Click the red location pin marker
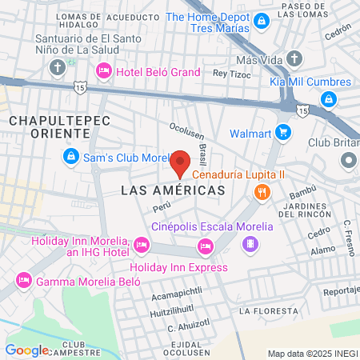[181, 163]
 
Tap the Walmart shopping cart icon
[282, 133]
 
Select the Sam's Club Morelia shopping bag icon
[71, 156]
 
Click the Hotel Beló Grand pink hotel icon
[103, 72]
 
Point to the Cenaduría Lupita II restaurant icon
[261, 191]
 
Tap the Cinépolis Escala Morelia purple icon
[252, 244]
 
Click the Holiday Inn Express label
[179, 267]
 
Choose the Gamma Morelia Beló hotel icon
[23, 281]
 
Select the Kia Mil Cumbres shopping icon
[327, 98]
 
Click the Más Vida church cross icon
[295, 58]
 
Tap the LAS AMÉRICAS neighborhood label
[172, 190]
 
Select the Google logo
[26, 350]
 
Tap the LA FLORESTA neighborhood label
[268, 310]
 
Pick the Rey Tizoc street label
[230, 73]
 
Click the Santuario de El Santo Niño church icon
[57, 68]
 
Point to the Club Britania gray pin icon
[348, 161]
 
